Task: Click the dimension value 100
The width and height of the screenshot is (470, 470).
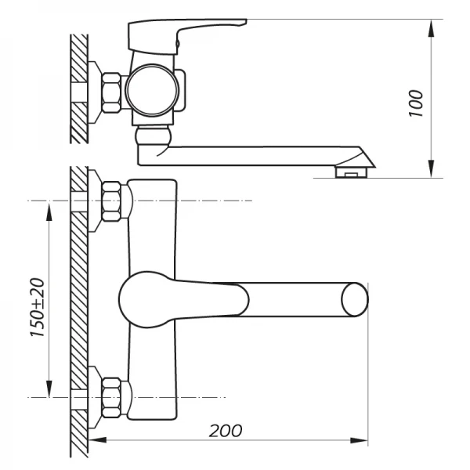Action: click(416, 101)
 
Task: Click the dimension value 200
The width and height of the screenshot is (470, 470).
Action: click(226, 430)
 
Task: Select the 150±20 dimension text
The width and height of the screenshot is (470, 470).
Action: click(36, 308)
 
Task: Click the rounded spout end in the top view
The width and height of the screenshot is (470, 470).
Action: click(355, 299)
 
